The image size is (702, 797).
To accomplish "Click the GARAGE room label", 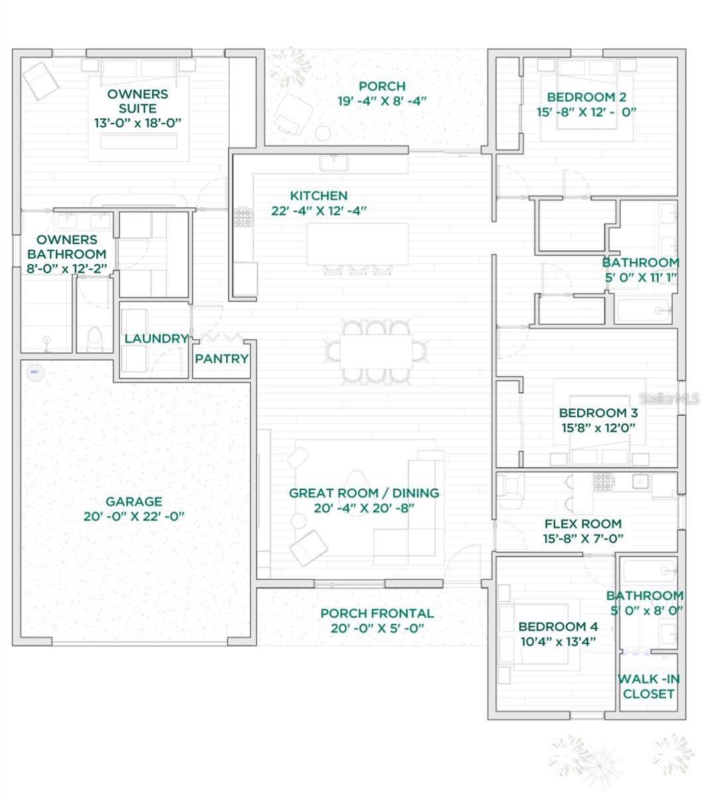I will pyautogui.click(x=133, y=502).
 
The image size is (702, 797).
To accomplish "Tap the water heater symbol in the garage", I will pyautogui.click(x=35, y=373).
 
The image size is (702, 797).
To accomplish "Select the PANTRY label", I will pyautogui.click(x=222, y=359).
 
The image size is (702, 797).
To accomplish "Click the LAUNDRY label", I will pyautogui.click(x=157, y=339).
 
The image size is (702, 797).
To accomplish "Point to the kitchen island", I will pyautogui.click(x=358, y=244).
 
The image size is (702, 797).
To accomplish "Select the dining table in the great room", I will pyautogui.click(x=376, y=351).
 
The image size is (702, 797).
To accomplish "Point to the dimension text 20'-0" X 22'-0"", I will pyautogui.click(x=133, y=517).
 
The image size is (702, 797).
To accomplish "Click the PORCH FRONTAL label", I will pyautogui.click(x=377, y=614).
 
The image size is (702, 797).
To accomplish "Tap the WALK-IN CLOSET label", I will pyautogui.click(x=648, y=687).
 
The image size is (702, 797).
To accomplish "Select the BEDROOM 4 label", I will pyautogui.click(x=558, y=626).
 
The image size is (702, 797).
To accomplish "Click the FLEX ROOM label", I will pyautogui.click(x=582, y=524).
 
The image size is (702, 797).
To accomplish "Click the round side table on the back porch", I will pyautogui.click(x=323, y=133).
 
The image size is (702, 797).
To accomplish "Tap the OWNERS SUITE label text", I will pyautogui.click(x=137, y=101).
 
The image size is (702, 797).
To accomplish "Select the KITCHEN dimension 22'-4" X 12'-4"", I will pyautogui.click(x=319, y=211).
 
